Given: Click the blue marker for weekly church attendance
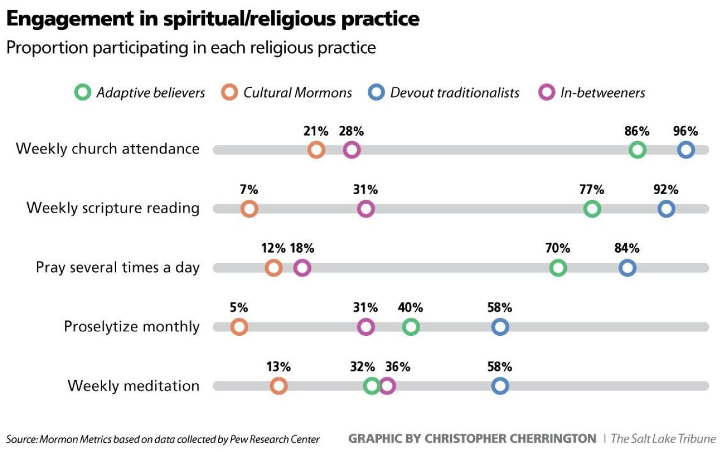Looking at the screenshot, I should (685, 150).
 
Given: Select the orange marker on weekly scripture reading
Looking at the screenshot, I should (249, 209).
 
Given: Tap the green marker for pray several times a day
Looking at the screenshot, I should (557, 268).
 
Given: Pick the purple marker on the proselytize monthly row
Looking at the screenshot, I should (366, 327).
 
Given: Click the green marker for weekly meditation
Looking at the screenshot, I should (371, 386).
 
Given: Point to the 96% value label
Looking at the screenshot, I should (685, 131).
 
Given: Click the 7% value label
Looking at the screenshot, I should (249, 190).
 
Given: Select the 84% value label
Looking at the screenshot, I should (627, 249).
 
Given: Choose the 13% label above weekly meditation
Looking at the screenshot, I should (278, 367).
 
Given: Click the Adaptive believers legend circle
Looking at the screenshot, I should (82, 93).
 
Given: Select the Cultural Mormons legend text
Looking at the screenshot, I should (297, 93).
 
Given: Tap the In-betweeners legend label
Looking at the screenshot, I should (602, 93).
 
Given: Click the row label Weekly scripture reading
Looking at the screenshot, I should (113, 208).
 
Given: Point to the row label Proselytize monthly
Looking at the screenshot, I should (131, 327).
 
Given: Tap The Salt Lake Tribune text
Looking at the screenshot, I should (663, 438).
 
